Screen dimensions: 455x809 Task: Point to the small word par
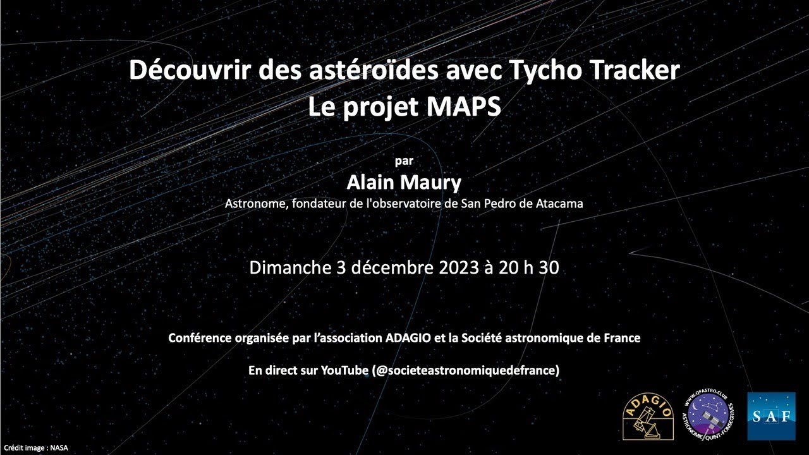pos(404,161)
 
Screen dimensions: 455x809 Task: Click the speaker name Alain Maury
pos(404,183)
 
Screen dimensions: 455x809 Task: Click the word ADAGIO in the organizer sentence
pos(408,338)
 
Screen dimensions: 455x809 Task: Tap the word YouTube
pos(344,370)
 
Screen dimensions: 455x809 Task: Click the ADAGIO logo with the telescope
pos(648,416)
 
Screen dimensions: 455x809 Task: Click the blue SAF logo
pos(771,416)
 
